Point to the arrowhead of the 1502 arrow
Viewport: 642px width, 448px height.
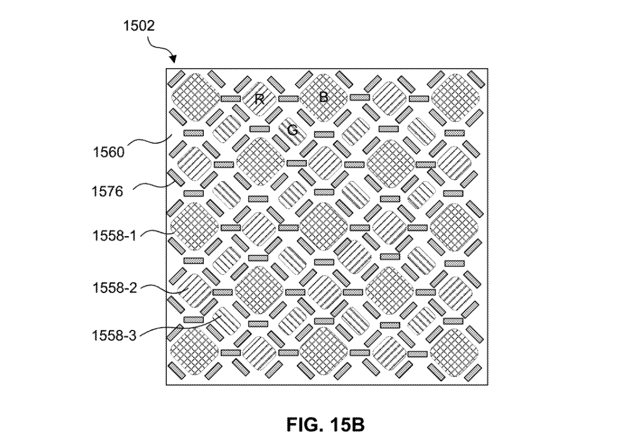tap(174, 61)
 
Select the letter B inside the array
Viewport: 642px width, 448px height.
tap(324, 97)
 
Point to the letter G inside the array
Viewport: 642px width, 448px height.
tap(292, 130)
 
